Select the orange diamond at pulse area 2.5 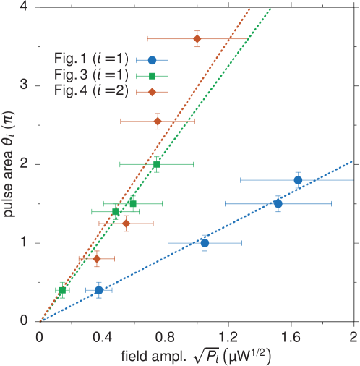tap(158, 121)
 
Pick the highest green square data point tap(157, 164)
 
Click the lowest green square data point tap(62, 290)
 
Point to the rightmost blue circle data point tap(297, 179)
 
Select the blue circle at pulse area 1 tap(205, 243)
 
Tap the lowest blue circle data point tap(99, 290)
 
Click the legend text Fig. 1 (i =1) tap(91, 60)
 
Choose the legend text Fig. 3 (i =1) tap(91, 76)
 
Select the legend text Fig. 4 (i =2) tap(91, 92)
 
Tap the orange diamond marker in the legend tap(152, 92)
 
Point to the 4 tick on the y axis tap(24, 7)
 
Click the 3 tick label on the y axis tap(24, 85)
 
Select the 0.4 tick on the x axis tap(103, 336)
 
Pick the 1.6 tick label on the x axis tap(291, 336)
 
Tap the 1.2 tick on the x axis tap(228, 336)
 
